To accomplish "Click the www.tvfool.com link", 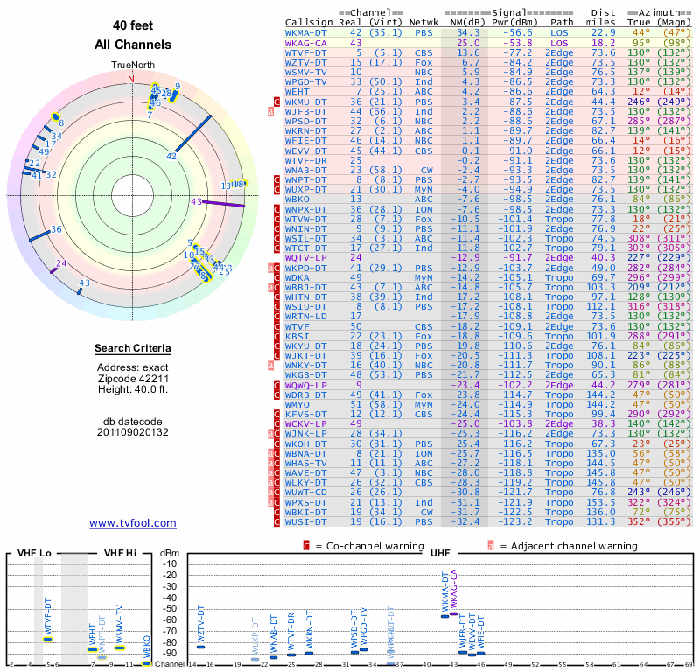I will pos(132,523).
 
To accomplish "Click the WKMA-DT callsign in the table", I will pos(307,31).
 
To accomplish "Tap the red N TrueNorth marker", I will pos(131,78).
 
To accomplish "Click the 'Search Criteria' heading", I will pos(132,349).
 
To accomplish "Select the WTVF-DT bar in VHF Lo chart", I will pos(48,638).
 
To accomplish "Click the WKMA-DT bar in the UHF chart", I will pos(444,616).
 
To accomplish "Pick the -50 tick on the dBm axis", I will pos(170,608).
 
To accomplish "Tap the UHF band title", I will pos(442,554).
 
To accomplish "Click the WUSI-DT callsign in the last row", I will pos(306,521).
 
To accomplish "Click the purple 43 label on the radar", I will pos(196,201).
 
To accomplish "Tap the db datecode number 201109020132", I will pos(132,431).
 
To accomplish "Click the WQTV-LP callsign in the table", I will pos(306,257).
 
